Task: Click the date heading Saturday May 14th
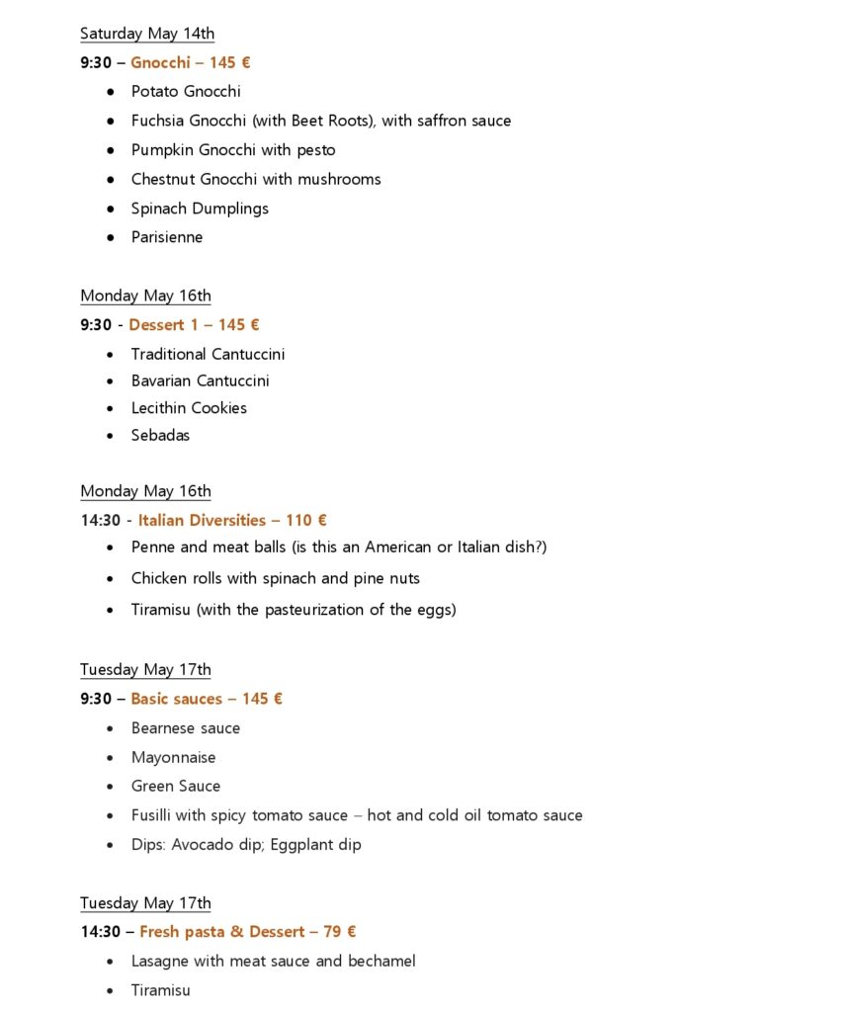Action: (x=147, y=34)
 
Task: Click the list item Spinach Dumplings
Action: (x=200, y=209)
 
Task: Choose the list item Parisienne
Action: (x=167, y=237)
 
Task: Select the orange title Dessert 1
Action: (x=163, y=324)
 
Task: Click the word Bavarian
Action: (x=162, y=380)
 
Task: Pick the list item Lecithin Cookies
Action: (x=189, y=407)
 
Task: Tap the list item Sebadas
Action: (x=160, y=435)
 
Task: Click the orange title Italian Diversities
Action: (x=202, y=520)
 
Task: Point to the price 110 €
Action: (x=306, y=520)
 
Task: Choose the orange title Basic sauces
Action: (x=176, y=699)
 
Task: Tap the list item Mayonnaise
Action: (x=173, y=757)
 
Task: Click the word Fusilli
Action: (x=154, y=815)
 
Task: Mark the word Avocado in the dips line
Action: (x=238, y=844)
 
